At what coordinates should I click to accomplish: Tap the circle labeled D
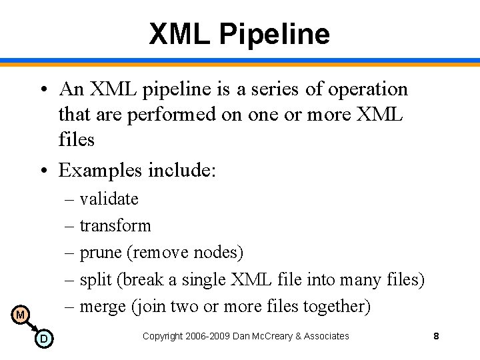43,339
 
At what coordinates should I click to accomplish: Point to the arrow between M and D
31,327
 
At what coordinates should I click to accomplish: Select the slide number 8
436,336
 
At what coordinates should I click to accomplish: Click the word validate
109,199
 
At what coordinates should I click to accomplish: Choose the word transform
115,225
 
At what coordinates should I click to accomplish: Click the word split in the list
96,279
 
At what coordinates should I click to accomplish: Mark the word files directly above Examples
77,139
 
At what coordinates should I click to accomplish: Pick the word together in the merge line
336,306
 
